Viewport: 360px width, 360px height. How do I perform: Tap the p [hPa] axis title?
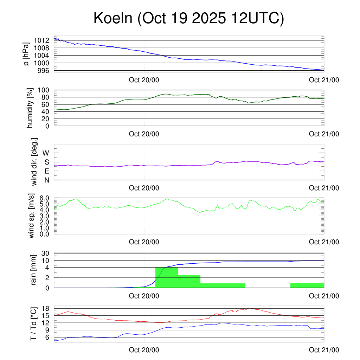(x=26, y=53)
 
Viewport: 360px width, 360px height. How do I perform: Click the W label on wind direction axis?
(x=46, y=153)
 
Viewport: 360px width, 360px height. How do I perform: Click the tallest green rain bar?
(x=166, y=278)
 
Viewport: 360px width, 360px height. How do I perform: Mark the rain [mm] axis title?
(x=34, y=270)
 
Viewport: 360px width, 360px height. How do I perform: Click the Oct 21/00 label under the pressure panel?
(x=324, y=80)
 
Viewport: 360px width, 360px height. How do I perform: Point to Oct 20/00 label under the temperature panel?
(x=144, y=350)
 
